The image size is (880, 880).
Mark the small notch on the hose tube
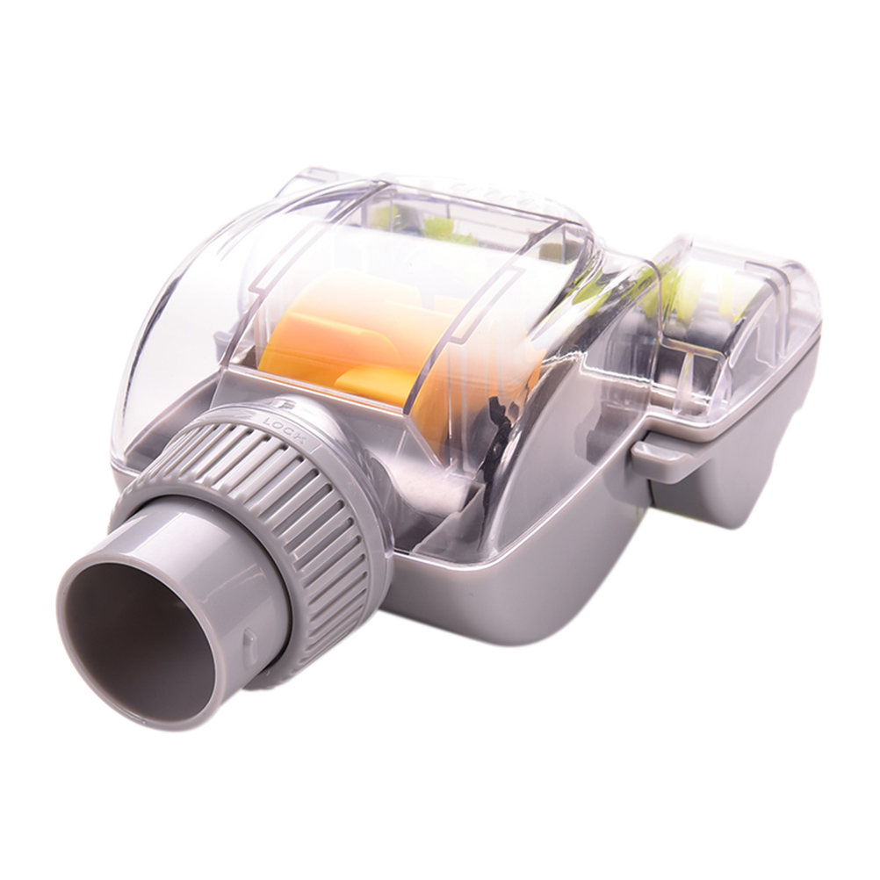[x=248, y=638]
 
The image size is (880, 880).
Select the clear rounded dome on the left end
[x=185, y=314]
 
